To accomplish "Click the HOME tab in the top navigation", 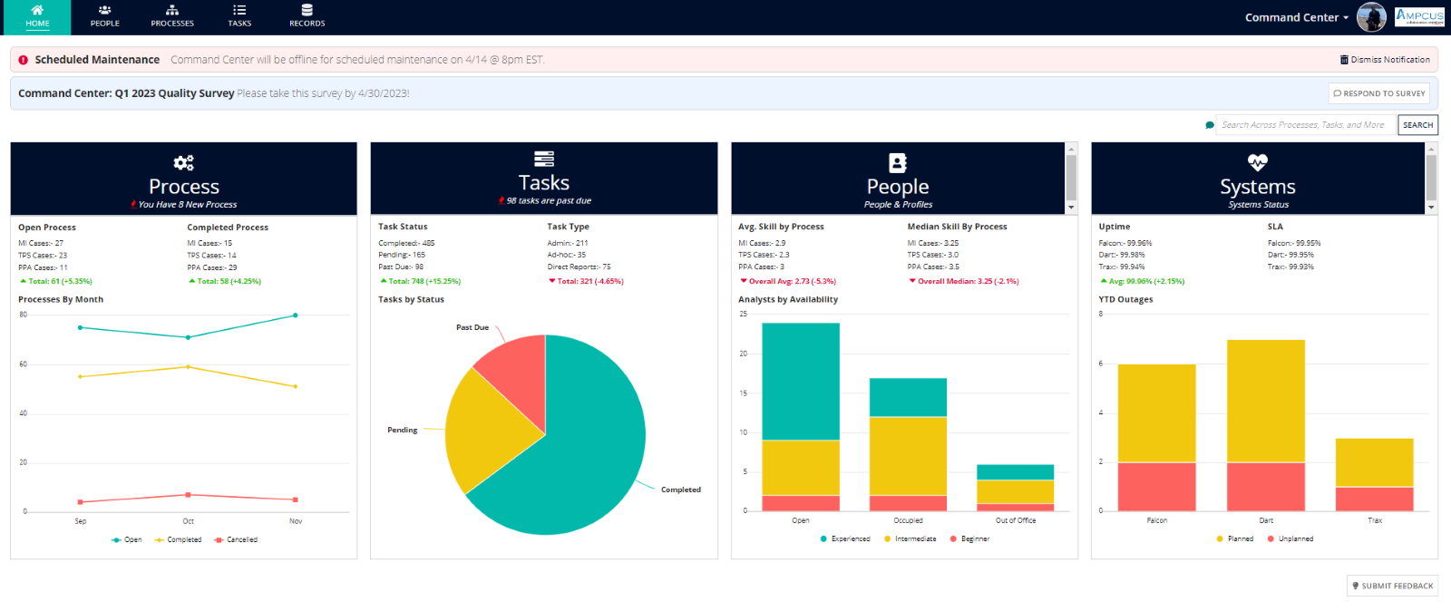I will click(37, 16).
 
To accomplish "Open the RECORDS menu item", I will click(307, 16).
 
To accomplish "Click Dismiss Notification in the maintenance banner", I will click(1385, 60).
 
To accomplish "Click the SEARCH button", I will click(1417, 125).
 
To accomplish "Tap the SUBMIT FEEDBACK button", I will click(1392, 586).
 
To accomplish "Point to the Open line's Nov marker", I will click(295, 315).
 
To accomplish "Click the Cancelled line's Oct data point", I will click(188, 495).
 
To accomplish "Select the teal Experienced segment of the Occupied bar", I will click(908, 397).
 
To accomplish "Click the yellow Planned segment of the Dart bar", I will click(1265, 401).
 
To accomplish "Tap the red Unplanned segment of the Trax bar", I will click(1374, 499).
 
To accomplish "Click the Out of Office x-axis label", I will click(1015, 520).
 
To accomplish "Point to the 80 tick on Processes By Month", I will click(24, 315).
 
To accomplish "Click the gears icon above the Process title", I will click(183, 163).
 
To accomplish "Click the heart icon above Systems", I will click(1257, 162).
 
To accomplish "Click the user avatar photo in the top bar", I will click(1370, 17).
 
